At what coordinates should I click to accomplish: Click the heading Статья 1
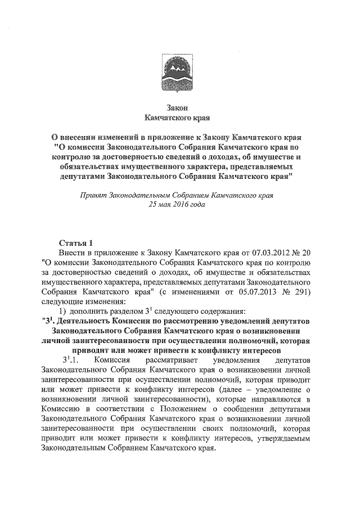coord(76,242)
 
